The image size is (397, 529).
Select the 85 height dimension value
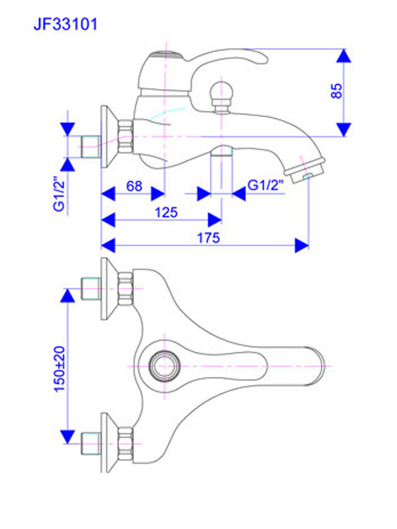(x=337, y=91)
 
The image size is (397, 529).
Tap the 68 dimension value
(x=134, y=186)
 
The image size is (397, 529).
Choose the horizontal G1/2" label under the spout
(x=266, y=186)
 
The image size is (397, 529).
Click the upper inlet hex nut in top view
(x=125, y=288)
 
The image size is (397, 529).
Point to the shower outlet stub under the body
(x=222, y=153)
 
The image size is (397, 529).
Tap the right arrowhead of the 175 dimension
(x=302, y=245)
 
